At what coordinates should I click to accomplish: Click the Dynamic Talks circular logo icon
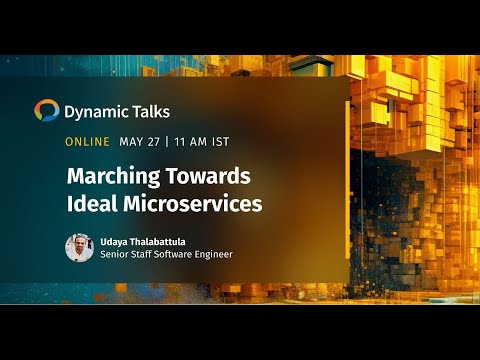point(46,110)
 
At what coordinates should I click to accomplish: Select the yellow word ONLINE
point(87,142)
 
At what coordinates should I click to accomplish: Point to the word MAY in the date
point(132,142)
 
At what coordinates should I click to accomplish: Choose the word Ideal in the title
point(91,203)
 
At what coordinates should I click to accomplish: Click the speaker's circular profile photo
point(79,248)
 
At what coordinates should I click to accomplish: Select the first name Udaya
point(116,241)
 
